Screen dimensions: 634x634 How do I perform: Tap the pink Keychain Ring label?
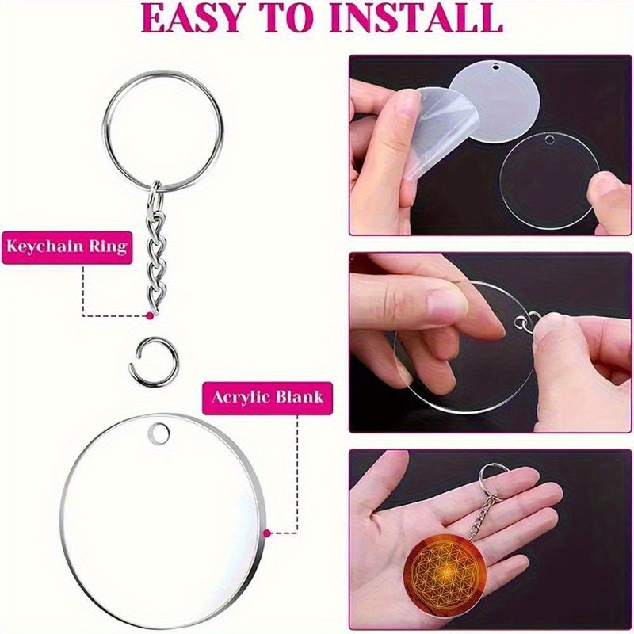coord(67,247)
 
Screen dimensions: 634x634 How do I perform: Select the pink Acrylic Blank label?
coord(267,399)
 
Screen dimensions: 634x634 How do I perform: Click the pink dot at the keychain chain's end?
coord(150,315)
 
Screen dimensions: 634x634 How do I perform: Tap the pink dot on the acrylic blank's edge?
coord(267,533)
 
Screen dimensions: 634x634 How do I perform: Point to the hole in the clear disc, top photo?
coord(549,140)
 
